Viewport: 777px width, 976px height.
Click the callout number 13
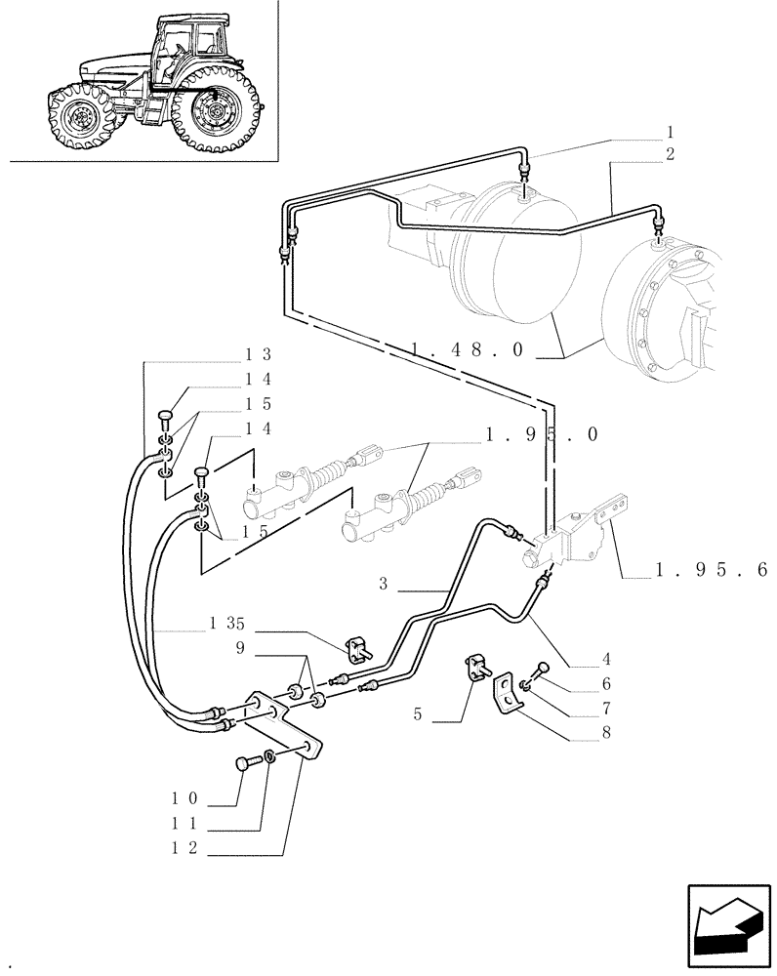click(x=259, y=354)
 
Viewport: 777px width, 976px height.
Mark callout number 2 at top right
click(x=670, y=153)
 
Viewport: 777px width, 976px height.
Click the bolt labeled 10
click(x=244, y=763)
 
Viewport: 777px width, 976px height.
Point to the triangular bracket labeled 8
click(x=508, y=696)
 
